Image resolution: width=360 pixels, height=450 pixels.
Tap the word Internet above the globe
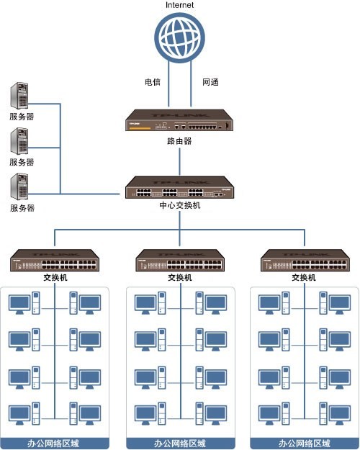coord(179,6)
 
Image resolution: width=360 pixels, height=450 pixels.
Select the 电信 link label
coord(153,82)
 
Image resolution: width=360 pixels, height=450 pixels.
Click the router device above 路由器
coord(179,122)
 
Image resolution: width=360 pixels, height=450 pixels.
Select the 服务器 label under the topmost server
coord(22,116)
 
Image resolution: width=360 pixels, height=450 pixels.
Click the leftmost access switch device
coord(55,260)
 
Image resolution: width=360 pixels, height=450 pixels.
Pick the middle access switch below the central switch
coord(179,260)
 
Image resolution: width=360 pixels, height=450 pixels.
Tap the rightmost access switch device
coord(304,260)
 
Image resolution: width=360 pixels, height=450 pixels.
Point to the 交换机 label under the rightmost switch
coord(304,277)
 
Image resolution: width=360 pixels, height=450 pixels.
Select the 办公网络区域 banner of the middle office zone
coord(180,443)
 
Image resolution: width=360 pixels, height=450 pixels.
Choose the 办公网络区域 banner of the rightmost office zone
coord(304,443)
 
